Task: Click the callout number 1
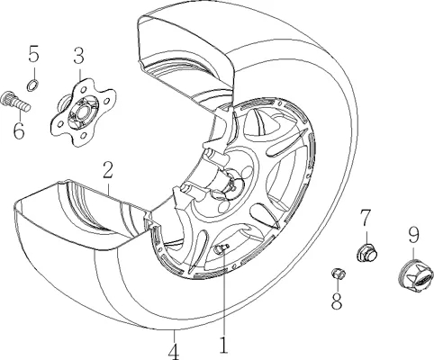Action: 223,346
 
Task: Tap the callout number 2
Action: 108,169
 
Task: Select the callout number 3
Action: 79,55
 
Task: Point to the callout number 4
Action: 175,352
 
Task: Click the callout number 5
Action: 34,53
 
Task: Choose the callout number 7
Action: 366,218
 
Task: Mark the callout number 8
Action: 337,301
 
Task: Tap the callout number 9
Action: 413,235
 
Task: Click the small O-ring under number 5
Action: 32,85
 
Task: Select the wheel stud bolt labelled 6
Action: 15,101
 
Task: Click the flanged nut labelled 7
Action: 366,254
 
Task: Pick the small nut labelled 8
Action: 339,274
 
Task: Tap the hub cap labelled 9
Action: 416,276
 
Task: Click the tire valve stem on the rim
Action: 221,248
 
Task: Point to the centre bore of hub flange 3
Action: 82,112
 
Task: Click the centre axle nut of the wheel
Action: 233,183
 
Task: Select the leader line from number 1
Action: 224,293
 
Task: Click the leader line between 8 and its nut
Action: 338,284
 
